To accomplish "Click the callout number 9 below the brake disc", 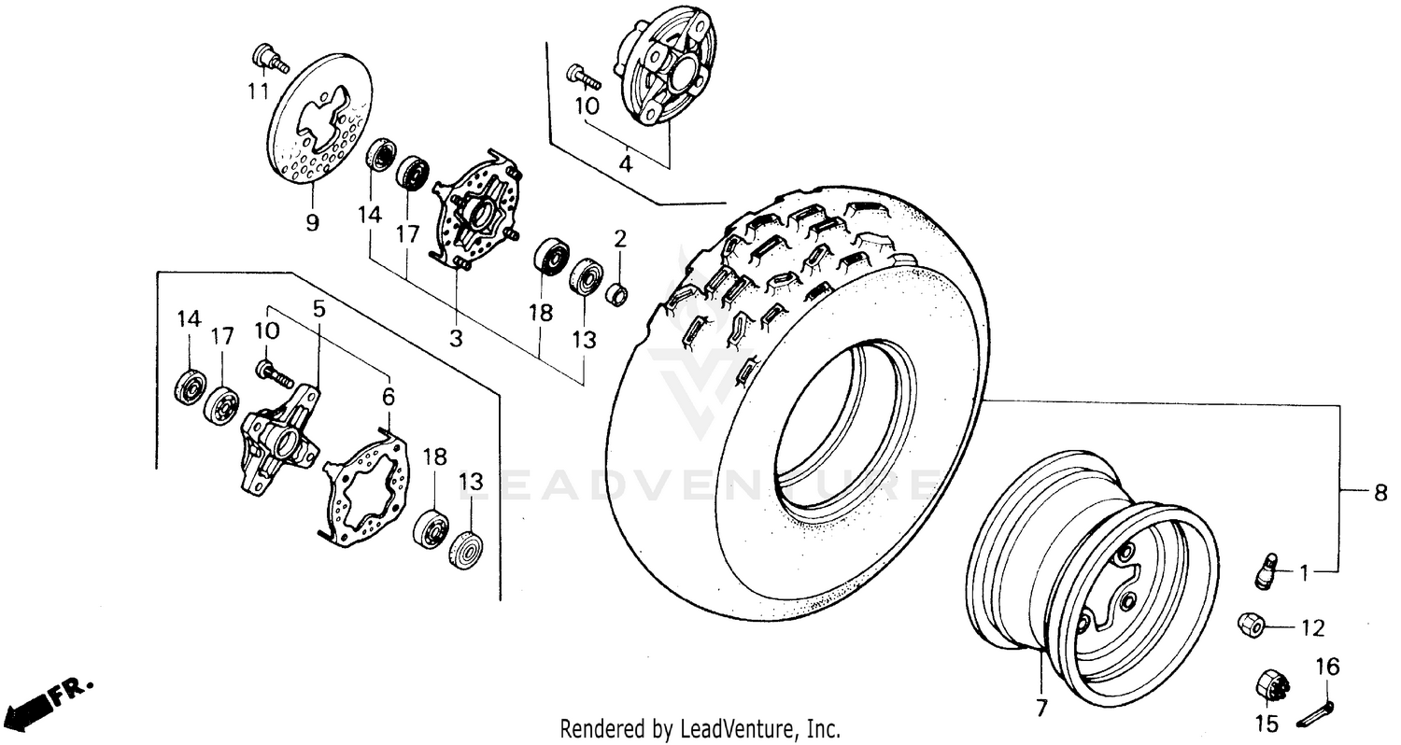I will (x=312, y=222).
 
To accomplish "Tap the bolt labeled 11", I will (x=264, y=58).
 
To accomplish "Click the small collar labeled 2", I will (x=616, y=293).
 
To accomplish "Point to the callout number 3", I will (x=455, y=338).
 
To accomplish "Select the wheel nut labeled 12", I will (x=1251, y=623).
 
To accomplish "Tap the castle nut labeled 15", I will (x=1272, y=686).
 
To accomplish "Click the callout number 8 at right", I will (x=1380, y=493).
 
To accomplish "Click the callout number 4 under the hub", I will (x=626, y=164).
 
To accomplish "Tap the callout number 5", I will (x=319, y=308).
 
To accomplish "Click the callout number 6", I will (x=389, y=396).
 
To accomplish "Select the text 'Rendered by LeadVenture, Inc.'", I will (x=700, y=728).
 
